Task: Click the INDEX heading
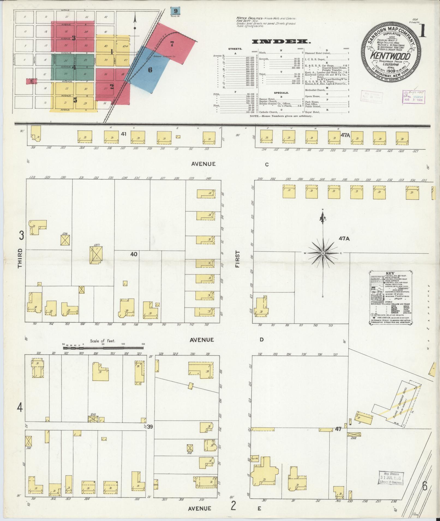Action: (x=281, y=42)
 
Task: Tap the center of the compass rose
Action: (x=323, y=253)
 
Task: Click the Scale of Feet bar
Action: (x=104, y=348)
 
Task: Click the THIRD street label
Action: (x=20, y=258)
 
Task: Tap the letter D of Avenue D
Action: (x=261, y=340)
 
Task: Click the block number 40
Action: (x=134, y=254)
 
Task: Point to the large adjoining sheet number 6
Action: (x=424, y=486)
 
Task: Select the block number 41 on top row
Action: (x=124, y=134)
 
